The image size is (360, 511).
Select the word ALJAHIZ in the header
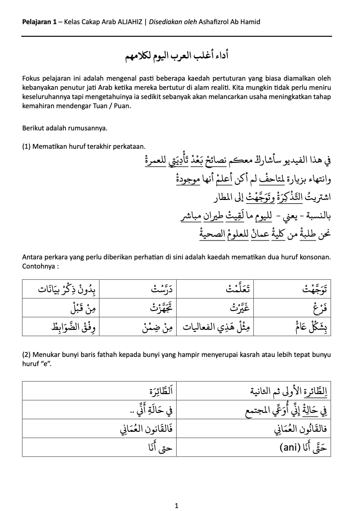click(128, 22)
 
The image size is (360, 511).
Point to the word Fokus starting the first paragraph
click(31, 78)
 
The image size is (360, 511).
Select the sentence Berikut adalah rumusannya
click(65, 128)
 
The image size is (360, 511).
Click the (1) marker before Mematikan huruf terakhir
click(27, 146)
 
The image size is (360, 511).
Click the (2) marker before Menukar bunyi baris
click(27, 355)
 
